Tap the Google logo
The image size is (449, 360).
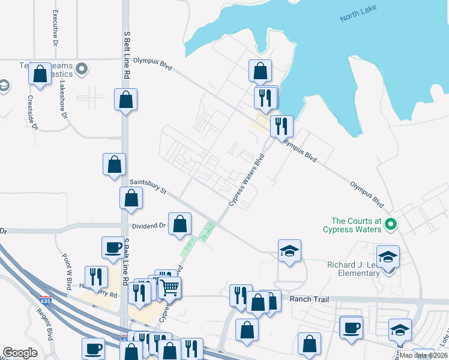[20, 353]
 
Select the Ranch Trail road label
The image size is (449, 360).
[306, 298]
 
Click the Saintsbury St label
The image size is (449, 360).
[148, 185]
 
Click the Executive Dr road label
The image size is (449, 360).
[55, 28]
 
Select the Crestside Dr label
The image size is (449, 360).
[32, 113]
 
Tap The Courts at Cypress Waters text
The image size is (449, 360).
[352, 225]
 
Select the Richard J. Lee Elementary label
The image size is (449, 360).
[354, 269]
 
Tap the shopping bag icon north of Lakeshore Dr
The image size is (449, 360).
[41, 74]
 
